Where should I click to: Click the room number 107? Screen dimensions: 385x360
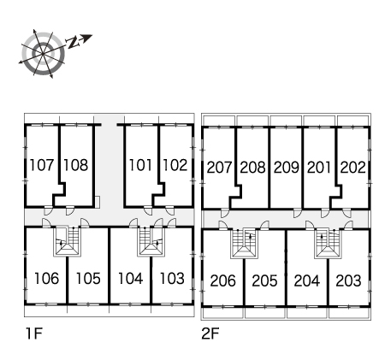click(x=42, y=165)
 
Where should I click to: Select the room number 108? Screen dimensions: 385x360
click(x=75, y=165)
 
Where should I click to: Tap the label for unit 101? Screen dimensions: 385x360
click(x=140, y=165)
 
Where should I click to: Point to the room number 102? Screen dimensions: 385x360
click(x=175, y=165)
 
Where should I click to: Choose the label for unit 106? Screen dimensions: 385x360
click(x=46, y=279)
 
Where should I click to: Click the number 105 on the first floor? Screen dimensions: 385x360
click(x=88, y=279)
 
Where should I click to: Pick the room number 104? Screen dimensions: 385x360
click(x=130, y=279)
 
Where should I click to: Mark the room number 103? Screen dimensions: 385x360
click(x=172, y=279)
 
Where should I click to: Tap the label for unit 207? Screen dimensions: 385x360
click(x=219, y=168)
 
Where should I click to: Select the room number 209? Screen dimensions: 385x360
click(x=286, y=168)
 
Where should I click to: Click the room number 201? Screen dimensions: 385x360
click(x=318, y=168)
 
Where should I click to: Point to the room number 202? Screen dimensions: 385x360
click(x=352, y=168)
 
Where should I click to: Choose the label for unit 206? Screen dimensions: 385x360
click(x=222, y=280)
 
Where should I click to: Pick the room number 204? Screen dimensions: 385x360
click(x=306, y=280)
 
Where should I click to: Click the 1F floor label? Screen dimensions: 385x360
click(x=34, y=333)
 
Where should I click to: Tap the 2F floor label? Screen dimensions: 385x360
click(x=210, y=333)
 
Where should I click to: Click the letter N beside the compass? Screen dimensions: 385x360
click(x=73, y=42)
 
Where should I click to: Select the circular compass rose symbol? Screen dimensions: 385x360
click(x=43, y=53)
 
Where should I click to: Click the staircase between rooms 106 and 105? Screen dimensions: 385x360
click(x=68, y=241)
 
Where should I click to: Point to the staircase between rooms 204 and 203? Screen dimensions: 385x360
click(x=328, y=244)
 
